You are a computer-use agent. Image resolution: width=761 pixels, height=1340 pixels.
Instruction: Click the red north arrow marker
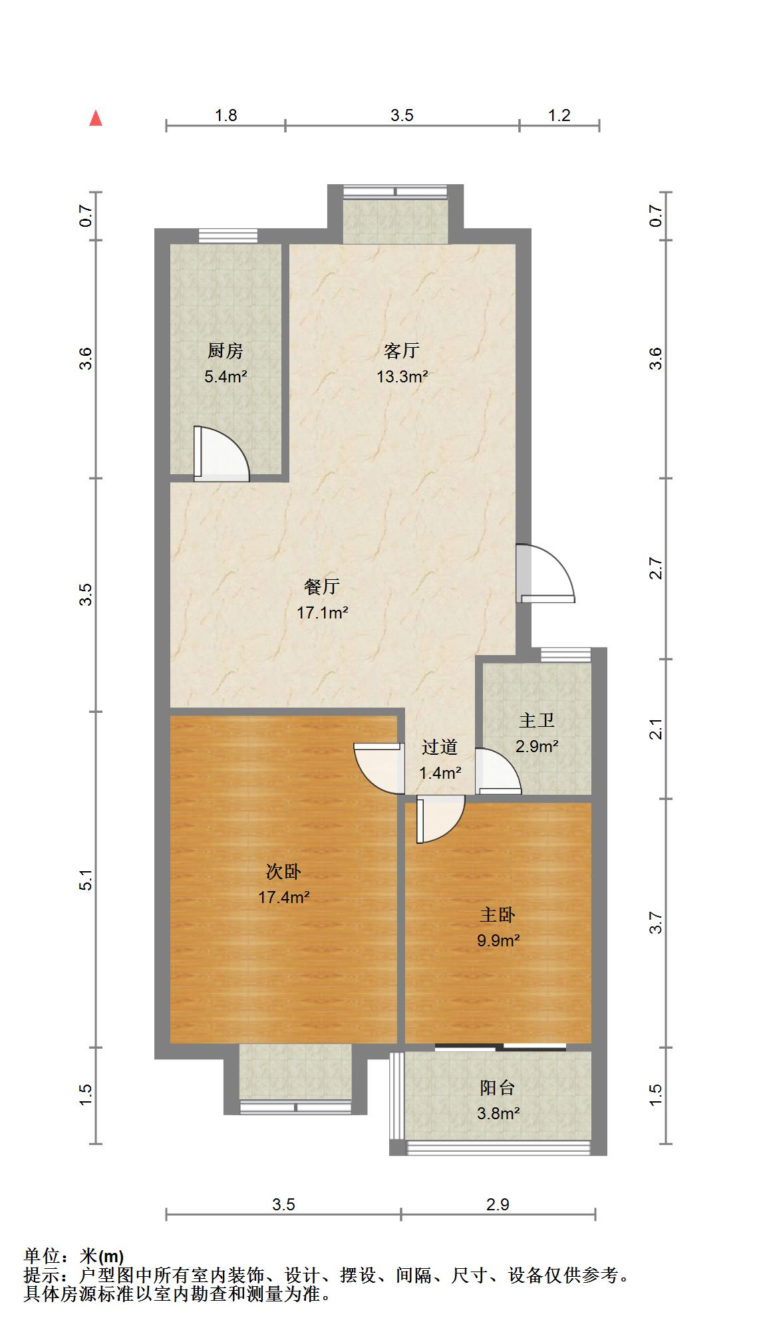96,118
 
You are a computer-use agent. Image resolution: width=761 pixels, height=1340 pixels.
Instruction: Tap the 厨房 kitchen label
226,351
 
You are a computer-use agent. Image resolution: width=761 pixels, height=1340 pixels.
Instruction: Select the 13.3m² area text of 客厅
402,377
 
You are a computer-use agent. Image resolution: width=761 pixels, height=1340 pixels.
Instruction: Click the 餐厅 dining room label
323,587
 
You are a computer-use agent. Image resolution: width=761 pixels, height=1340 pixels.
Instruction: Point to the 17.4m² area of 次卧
284,898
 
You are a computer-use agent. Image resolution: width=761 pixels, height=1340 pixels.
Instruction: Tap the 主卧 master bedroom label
498,916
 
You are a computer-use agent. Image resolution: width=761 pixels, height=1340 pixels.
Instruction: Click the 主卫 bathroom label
537,721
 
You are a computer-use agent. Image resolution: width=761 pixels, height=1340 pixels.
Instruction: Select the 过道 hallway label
439,747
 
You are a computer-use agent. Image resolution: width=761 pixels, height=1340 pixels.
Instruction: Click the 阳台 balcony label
498,1088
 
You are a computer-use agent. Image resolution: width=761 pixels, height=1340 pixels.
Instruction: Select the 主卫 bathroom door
499,771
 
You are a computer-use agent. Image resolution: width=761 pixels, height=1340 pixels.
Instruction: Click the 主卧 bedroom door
440,821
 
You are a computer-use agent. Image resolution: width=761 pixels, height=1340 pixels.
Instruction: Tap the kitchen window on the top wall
228,236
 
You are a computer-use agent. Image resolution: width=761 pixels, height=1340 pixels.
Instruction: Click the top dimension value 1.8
226,116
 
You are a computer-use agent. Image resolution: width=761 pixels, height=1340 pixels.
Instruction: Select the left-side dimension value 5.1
86,880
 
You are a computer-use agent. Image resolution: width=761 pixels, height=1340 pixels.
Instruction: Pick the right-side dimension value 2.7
657,569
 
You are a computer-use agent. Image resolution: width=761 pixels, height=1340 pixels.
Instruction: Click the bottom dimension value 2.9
498,1204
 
